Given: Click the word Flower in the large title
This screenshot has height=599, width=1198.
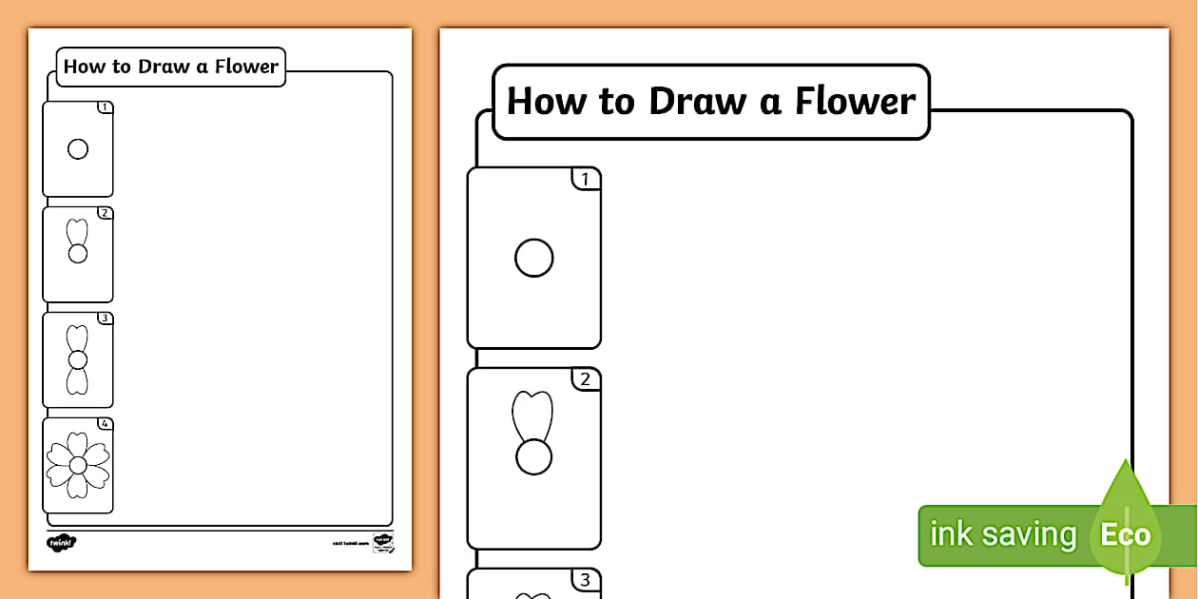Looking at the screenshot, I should click(x=855, y=101).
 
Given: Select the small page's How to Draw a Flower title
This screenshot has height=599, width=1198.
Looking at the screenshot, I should click(x=171, y=67).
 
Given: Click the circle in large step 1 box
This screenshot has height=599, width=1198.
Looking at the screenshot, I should click(x=533, y=258).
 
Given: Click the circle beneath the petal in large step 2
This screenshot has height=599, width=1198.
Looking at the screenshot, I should click(x=533, y=457).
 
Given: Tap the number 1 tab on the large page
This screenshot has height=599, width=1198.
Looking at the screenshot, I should click(x=585, y=179).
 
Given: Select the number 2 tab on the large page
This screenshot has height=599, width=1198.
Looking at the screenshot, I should click(x=585, y=379).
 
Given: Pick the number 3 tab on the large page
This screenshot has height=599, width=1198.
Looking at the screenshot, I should click(x=585, y=579).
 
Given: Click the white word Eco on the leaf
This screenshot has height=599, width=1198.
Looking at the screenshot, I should click(x=1125, y=534).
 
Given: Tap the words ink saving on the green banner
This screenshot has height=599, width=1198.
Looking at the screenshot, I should click(x=1002, y=534).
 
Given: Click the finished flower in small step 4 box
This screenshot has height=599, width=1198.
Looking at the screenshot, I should click(x=78, y=464).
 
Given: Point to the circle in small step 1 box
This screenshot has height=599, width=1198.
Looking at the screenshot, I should click(x=78, y=149).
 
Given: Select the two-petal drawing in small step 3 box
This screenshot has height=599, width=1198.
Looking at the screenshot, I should click(x=78, y=359).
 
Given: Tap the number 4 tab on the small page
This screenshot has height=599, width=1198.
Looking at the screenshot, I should click(x=105, y=424).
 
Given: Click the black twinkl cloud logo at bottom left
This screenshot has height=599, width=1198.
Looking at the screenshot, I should click(x=61, y=542).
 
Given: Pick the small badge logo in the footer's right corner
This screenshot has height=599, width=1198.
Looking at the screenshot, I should click(x=383, y=542).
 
